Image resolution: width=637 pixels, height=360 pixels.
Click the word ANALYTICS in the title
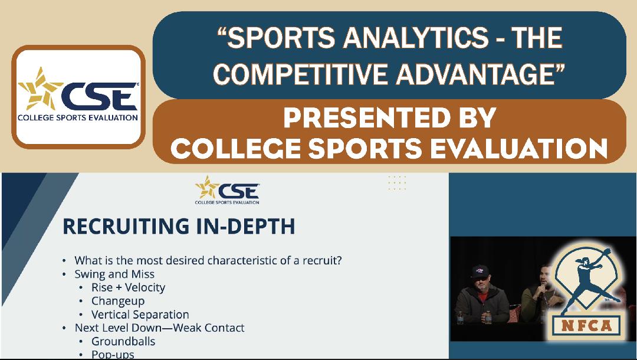pos(416,38)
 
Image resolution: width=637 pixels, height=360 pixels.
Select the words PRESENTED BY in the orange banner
pos(390,117)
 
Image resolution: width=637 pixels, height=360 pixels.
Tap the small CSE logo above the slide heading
pos(227,190)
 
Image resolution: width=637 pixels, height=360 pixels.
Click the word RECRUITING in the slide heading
pos(126,226)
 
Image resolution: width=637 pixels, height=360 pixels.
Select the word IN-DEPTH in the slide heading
pos(245,226)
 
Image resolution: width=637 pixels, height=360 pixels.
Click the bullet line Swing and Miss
pos(114,274)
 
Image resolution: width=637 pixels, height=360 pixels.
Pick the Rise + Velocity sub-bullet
pos(128,287)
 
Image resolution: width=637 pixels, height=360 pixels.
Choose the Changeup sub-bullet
pos(118,301)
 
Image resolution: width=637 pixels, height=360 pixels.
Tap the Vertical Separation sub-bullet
pos(140,315)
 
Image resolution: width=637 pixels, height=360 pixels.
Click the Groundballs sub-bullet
pos(123,341)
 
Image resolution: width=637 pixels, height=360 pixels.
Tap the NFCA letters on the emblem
pos(586,325)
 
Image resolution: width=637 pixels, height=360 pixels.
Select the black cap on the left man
pos(480,271)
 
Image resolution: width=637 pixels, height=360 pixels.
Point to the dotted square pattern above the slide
pos(397,183)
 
